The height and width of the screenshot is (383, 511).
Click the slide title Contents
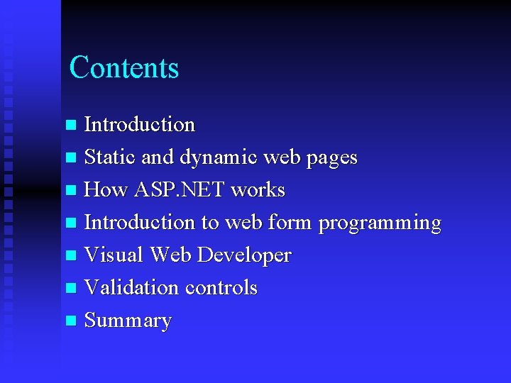tap(124, 68)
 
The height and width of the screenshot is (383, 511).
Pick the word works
tap(258, 190)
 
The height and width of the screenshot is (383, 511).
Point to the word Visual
tap(113, 255)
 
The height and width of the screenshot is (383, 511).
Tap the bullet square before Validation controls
tap(70, 289)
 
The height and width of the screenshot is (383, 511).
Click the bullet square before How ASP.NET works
tap(70, 191)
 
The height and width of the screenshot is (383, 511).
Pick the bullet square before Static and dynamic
tap(70, 158)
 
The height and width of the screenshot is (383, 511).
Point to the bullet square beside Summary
tap(70, 321)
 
